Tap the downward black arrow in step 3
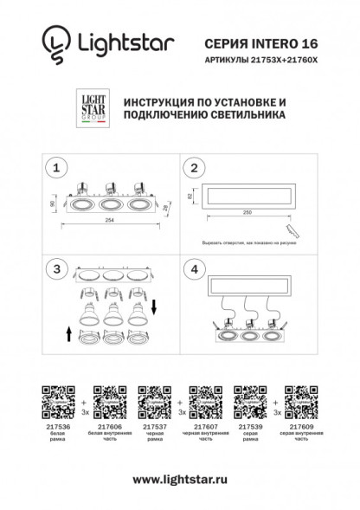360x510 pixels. click(x=154, y=306)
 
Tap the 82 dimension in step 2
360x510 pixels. click(x=190, y=197)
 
